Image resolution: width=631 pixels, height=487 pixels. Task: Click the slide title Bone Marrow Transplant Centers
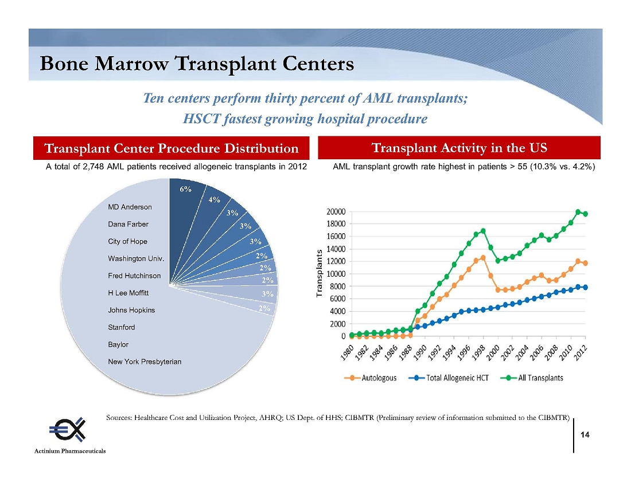pos(197,64)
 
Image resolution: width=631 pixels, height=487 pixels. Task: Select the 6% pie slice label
pos(186,190)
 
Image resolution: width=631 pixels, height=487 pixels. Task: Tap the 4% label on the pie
pos(215,200)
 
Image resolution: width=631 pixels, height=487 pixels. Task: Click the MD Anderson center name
pos(130,207)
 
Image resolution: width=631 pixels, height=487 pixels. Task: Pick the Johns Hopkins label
pos(131,310)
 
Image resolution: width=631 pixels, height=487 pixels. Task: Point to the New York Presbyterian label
pos(145,362)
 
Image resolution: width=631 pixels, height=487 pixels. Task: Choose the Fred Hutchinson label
pos(134,276)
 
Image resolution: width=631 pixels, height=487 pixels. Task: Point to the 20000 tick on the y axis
pos(337,211)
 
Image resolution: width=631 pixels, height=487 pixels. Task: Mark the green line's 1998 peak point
pos(483,231)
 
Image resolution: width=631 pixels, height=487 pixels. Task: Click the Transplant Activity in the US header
pos(459,148)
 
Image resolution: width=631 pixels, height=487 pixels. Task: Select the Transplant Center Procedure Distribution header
pos(172,149)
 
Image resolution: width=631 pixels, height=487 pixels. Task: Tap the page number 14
pos(585,435)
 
